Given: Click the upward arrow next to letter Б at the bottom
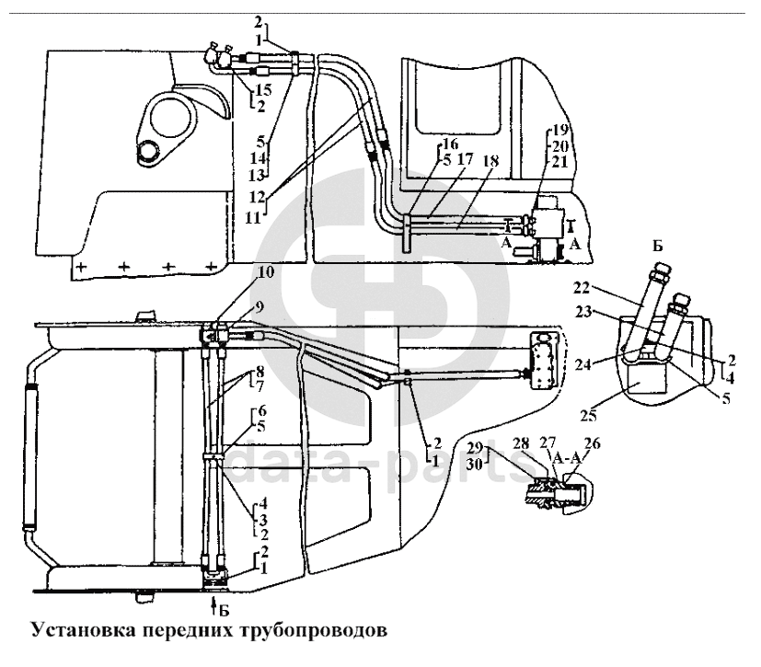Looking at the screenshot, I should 215,604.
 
